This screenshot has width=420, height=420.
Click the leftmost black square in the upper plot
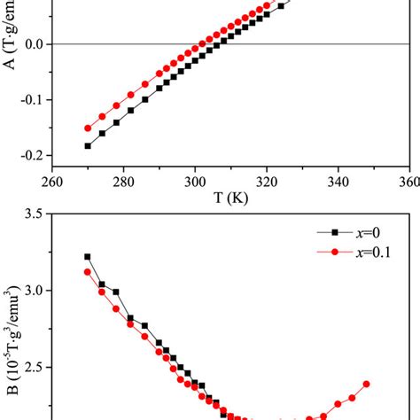coord(88,145)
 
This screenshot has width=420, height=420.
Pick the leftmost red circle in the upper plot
coord(88,128)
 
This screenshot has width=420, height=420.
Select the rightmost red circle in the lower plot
coord(366,384)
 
